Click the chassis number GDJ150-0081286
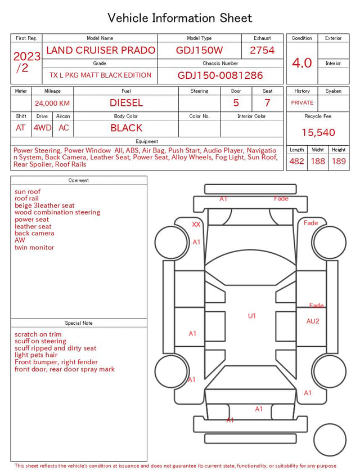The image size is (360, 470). click(220, 75)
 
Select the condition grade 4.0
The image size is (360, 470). click(302, 63)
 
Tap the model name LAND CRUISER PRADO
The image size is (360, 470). click(101, 50)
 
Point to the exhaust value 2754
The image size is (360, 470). click(262, 50)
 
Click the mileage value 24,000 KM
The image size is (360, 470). click(52, 103)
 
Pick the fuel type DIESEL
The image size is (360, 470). click(126, 103)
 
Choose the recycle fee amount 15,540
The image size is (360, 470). click(318, 132)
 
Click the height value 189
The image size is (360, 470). click(339, 161)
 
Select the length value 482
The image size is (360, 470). click(296, 161)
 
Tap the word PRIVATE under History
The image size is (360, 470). click(302, 102)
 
